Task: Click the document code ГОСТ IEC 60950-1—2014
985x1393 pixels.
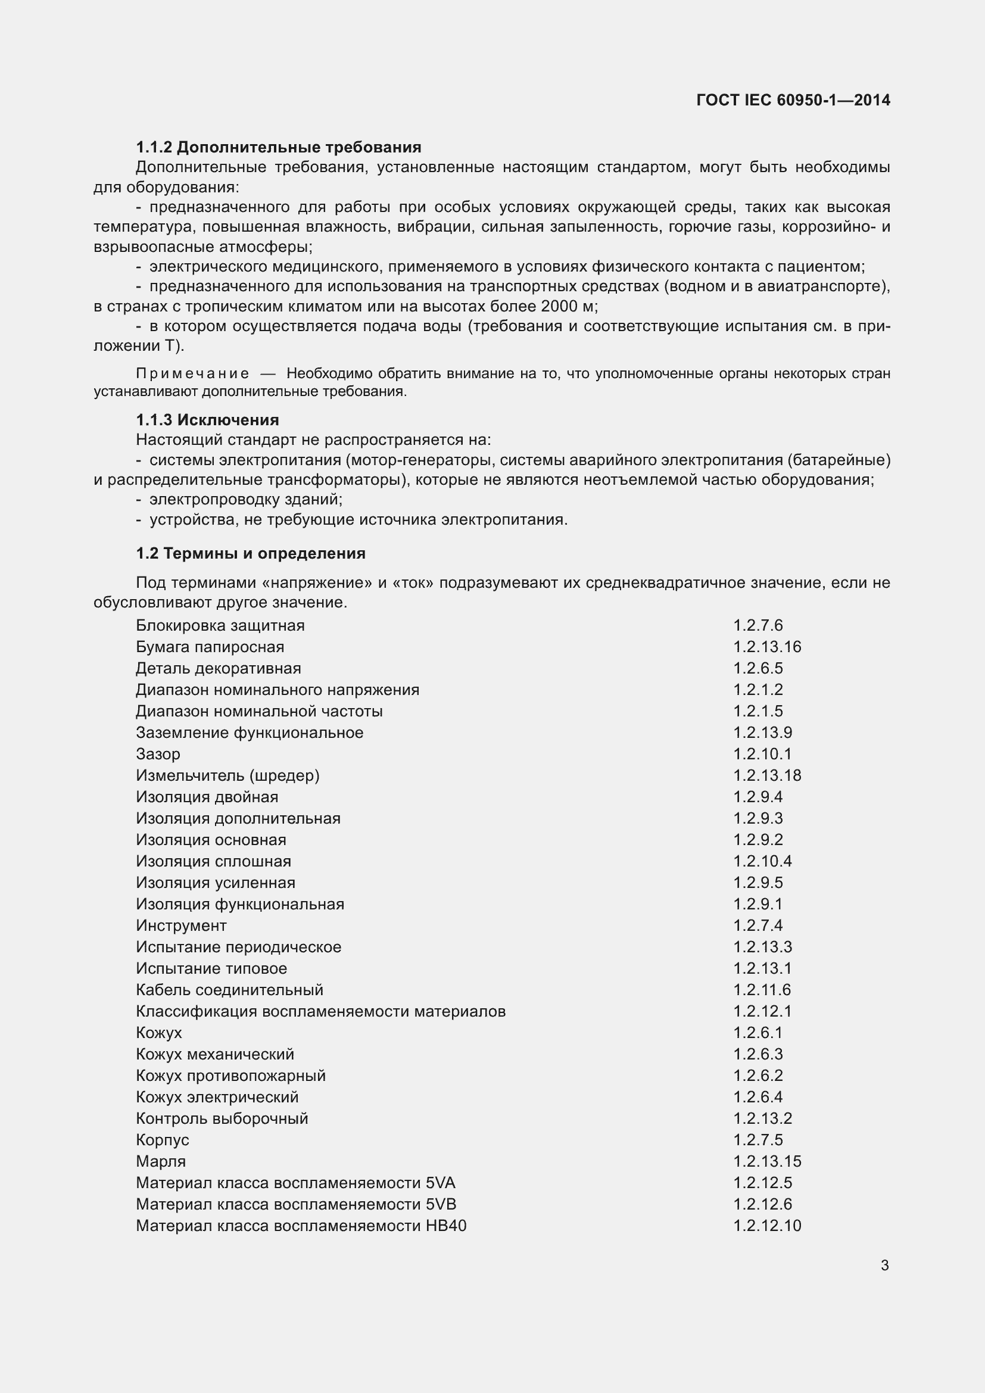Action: click(x=793, y=100)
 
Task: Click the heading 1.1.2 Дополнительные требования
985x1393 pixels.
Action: click(x=278, y=148)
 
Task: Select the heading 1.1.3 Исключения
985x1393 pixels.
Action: click(x=207, y=420)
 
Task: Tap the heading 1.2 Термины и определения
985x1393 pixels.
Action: click(x=251, y=553)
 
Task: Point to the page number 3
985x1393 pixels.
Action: click(x=884, y=1265)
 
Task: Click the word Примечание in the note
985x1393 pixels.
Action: click(x=192, y=373)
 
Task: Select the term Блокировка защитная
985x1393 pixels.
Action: click(x=220, y=625)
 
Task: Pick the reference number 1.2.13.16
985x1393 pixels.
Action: click(x=766, y=647)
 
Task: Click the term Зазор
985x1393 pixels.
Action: click(x=158, y=754)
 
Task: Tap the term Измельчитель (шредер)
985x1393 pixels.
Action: click(x=227, y=775)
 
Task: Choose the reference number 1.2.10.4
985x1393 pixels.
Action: click(x=762, y=861)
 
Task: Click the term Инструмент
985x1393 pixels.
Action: click(x=181, y=925)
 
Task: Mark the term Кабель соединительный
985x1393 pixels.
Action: click(x=229, y=990)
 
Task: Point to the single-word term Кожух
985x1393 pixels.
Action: click(x=159, y=1033)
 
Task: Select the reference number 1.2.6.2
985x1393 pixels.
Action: click(x=758, y=1076)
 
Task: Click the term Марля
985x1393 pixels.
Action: click(x=161, y=1161)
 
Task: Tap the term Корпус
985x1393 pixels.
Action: click(x=163, y=1140)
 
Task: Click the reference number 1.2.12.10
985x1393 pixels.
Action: click(x=766, y=1226)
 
